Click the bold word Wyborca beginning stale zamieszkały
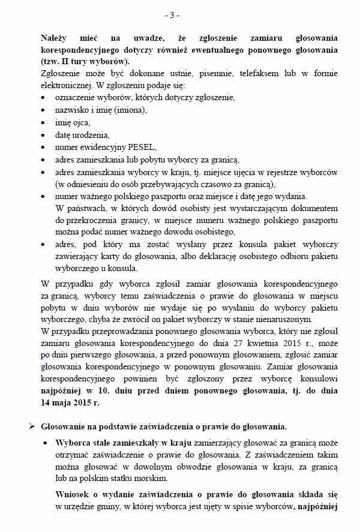click(73, 442)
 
